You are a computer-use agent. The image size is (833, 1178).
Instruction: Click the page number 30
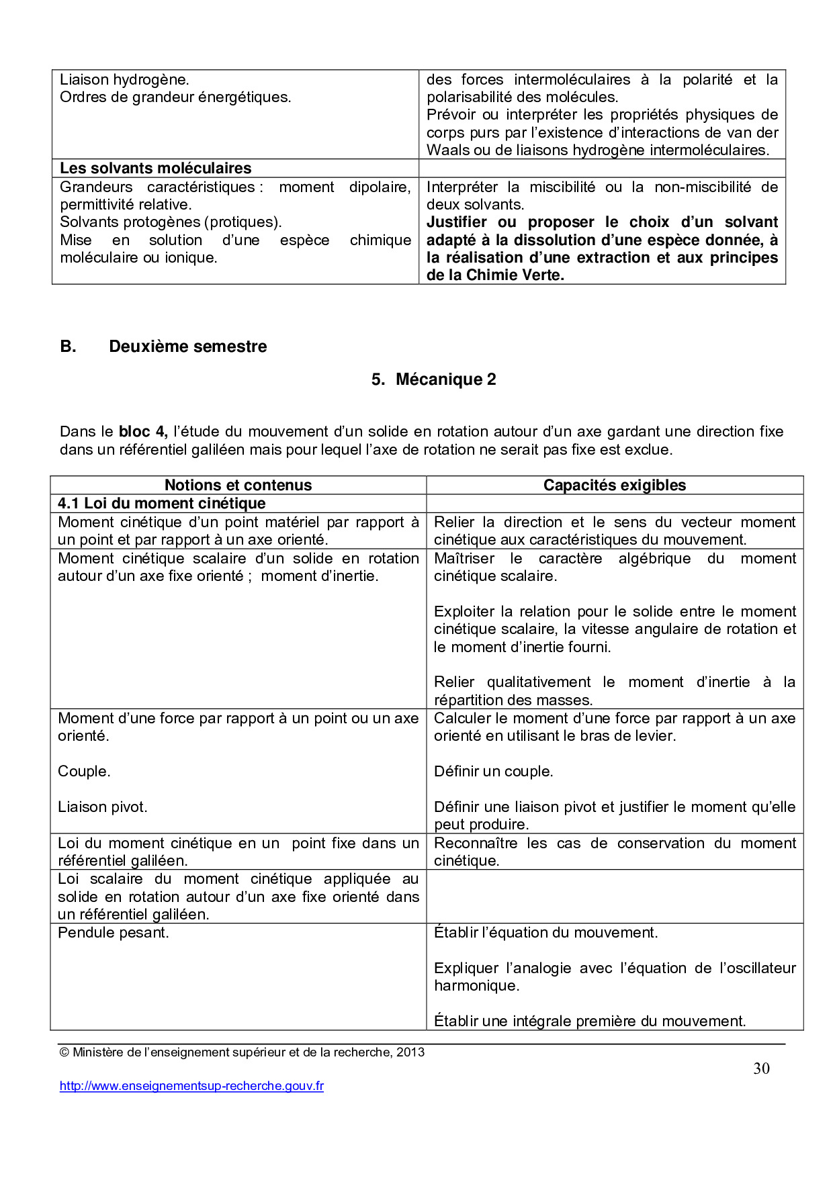coord(761,1069)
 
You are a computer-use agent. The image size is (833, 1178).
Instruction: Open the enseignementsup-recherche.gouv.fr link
coord(191,1086)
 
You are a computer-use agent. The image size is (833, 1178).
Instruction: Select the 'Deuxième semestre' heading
coord(187,347)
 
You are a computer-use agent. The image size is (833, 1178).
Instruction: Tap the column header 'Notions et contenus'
coord(238,485)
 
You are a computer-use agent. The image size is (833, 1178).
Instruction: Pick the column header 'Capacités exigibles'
coord(615,485)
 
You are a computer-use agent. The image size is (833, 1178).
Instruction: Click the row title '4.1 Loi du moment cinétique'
coord(161,503)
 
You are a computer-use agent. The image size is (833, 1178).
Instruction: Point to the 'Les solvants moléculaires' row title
coord(155,168)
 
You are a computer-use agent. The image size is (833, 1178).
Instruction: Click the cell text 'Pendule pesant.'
coord(113,932)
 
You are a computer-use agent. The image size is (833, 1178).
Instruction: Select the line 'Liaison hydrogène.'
coord(124,79)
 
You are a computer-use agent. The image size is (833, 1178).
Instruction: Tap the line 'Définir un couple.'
coord(493,771)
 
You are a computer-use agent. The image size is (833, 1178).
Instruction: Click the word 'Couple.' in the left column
coord(84,771)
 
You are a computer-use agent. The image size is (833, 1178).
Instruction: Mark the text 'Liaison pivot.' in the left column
coord(102,807)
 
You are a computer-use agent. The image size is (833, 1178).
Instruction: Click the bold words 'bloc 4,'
coord(143,431)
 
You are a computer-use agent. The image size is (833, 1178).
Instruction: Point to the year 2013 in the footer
coord(410,1052)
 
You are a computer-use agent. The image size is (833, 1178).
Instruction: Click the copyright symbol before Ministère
coord(64,1052)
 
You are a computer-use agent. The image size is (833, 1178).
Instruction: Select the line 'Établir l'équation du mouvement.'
coord(545,932)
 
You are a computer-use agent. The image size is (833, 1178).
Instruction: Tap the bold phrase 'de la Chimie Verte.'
coord(495,275)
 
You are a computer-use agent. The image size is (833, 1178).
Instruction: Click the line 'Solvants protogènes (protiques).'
coord(171,222)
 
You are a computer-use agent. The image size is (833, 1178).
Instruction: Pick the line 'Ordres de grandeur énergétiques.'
coord(175,97)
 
